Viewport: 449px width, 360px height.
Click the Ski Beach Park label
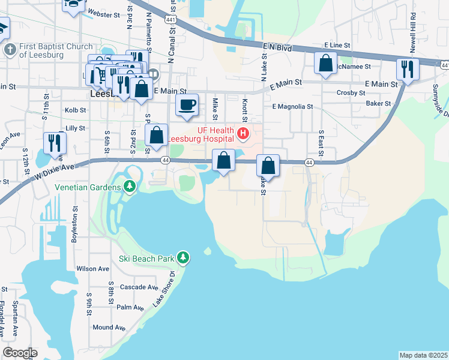click(145, 259)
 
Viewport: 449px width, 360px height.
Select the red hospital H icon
click(243, 133)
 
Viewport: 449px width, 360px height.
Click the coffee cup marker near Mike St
click(187, 104)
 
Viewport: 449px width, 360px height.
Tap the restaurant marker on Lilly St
click(53, 142)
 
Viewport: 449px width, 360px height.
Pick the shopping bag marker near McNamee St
click(325, 63)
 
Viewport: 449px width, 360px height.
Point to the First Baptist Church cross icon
click(9, 50)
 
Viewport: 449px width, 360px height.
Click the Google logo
click(20, 353)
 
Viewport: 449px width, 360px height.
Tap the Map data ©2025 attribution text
click(423, 355)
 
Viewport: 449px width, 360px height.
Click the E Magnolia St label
click(292, 107)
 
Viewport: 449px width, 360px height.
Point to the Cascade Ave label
click(139, 287)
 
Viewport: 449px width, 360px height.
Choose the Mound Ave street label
click(109, 328)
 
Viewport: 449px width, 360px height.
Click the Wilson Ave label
click(92, 268)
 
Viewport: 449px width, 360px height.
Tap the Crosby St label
click(351, 93)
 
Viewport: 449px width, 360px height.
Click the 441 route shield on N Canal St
click(170, 20)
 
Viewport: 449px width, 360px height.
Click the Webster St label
click(100, 12)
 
